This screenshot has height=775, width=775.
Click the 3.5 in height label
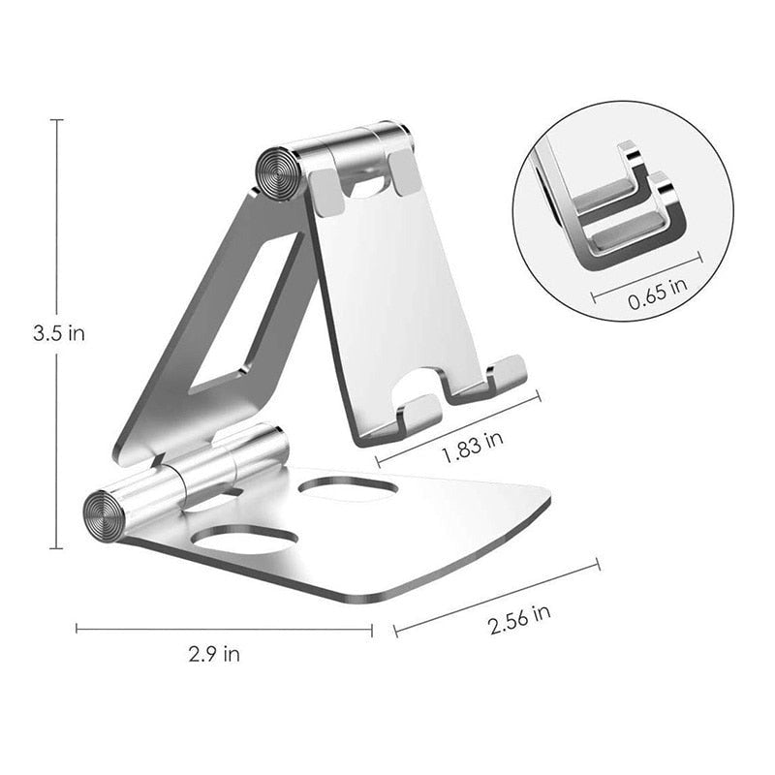click(57, 333)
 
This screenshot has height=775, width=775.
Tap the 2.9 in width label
click(216, 653)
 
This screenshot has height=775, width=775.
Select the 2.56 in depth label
click(519, 618)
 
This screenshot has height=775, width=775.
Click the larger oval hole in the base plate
click(245, 539)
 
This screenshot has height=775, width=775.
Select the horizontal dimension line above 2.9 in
click(224, 629)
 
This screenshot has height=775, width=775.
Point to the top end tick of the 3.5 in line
click(57, 120)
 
